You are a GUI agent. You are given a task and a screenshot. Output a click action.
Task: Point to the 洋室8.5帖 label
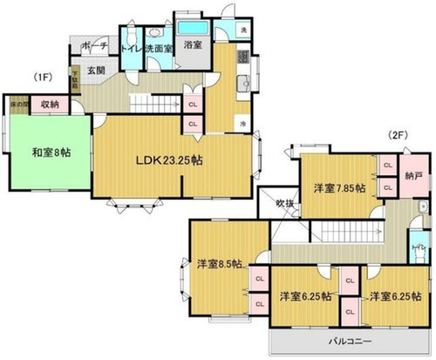[219, 263]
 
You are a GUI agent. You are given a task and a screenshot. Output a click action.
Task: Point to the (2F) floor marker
[400, 135]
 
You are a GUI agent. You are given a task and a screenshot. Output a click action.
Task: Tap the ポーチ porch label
[92, 44]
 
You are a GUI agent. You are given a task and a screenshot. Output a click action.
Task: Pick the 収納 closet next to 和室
[49, 105]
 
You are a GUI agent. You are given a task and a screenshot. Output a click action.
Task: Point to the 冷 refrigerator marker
[242, 125]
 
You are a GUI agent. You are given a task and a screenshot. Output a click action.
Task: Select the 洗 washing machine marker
[241, 31]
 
